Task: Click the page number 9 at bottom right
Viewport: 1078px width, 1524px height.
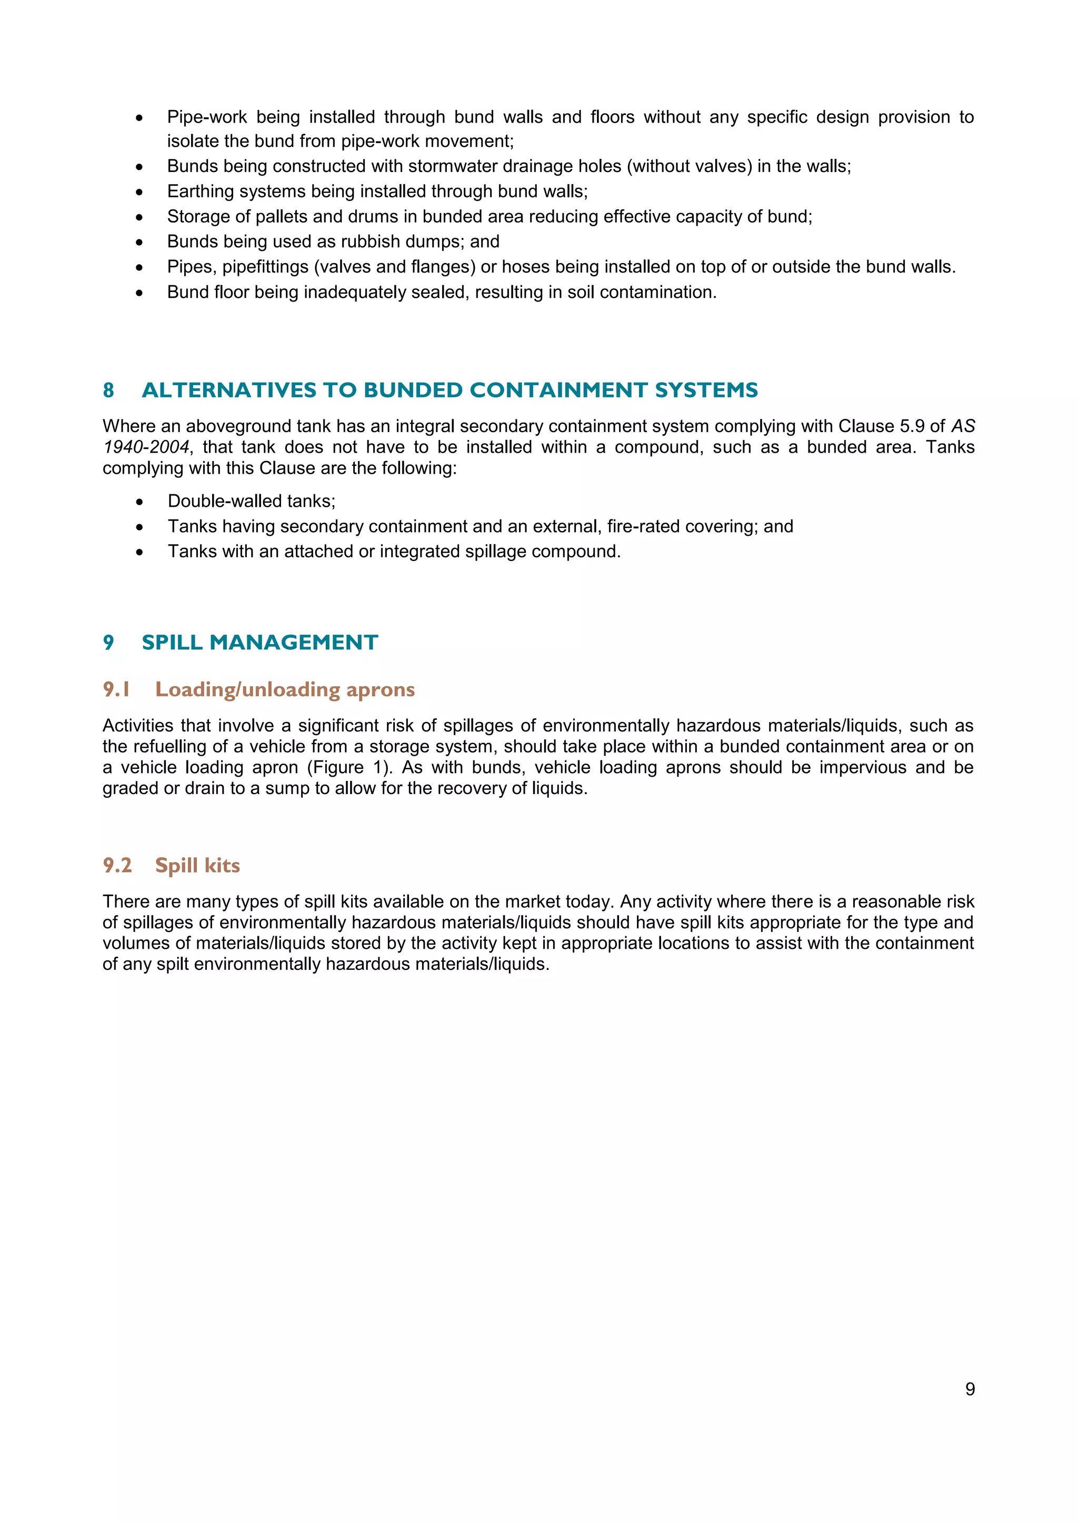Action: tap(970, 1389)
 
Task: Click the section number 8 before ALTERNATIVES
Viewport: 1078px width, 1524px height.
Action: tap(108, 390)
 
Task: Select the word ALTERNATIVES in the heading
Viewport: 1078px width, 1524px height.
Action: tap(229, 390)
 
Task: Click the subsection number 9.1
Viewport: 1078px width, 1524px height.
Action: tap(116, 690)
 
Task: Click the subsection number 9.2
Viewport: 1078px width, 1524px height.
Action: tap(117, 866)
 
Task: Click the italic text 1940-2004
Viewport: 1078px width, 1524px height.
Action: tap(146, 447)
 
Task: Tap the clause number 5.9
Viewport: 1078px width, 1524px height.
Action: tap(912, 426)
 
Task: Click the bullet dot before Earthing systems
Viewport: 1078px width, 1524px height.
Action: tap(139, 193)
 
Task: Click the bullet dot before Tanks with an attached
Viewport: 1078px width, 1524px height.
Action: tap(139, 552)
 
